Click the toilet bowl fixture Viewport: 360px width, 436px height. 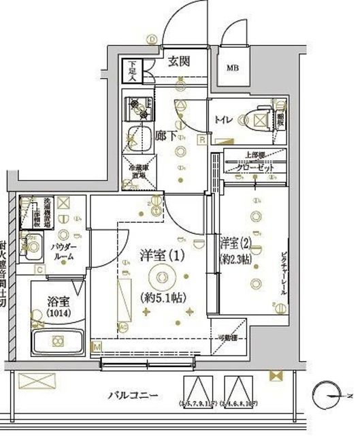click(x=257, y=121)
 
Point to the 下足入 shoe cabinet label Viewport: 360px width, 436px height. click(x=131, y=71)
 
